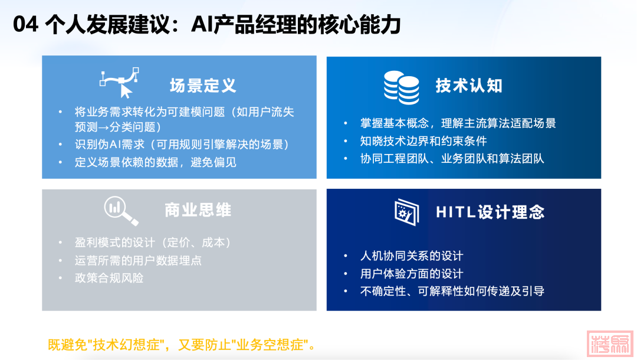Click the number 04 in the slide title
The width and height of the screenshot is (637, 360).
click(25, 24)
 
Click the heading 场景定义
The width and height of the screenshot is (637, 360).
click(203, 86)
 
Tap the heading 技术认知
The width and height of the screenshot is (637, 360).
click(469, 86)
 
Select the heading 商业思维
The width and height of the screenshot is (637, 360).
click(198, 210)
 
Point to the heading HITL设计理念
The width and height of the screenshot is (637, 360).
click(490, 212)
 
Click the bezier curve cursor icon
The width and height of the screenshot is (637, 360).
click(119, 83)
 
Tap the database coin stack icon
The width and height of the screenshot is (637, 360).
click(402, 87)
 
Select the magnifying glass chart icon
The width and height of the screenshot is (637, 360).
click(121, 211)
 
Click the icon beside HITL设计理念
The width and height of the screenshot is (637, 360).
click(406, 212)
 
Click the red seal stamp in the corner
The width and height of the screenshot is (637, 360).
click(610, 343)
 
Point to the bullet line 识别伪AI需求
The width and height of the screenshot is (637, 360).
click(182, 144)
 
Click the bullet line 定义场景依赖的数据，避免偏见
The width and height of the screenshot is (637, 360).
click(156, 162)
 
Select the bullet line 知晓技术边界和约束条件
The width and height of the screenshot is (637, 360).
click(423, 141)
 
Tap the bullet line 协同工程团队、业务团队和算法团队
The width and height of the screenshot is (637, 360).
click(452, 159)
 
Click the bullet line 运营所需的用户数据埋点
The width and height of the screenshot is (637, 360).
click(138, 260)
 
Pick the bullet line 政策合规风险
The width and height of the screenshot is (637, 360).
click(109, 278)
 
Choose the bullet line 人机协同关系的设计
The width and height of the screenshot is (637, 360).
click(412, 256)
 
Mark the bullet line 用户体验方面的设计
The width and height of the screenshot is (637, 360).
click(412, 273)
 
